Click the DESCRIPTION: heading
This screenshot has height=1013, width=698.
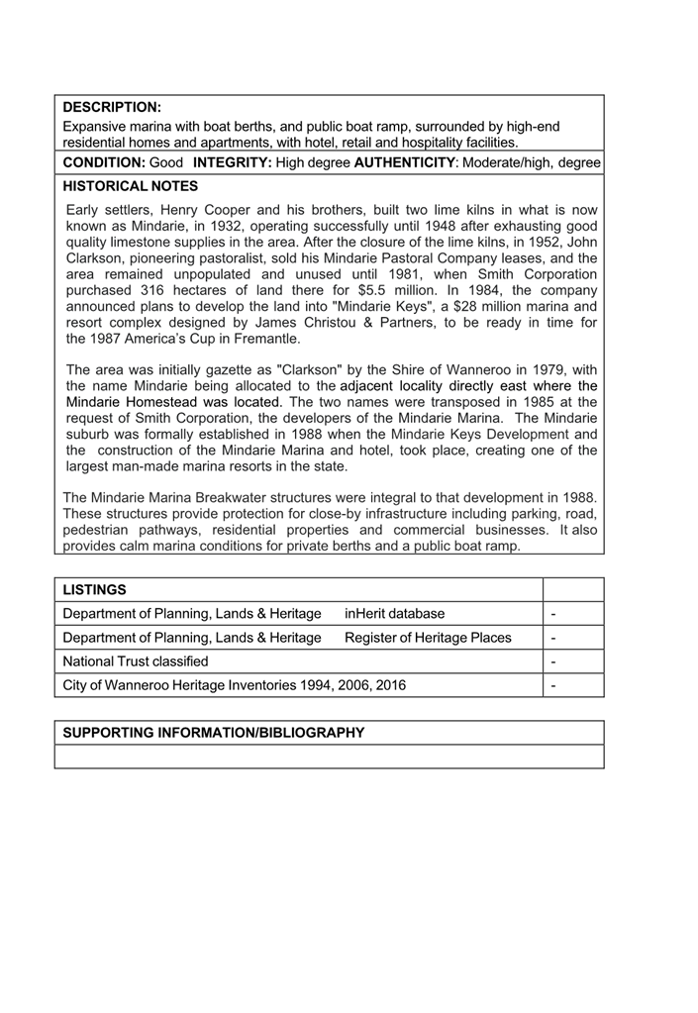pyautogui.click(x=112, y=106)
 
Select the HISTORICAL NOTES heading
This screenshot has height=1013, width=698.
pyautogui.click(x=131, y=185)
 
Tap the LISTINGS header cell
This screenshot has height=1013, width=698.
pyautogui.click(x=95, y=590)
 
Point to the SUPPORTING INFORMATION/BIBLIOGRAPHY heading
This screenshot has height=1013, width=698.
pyautogui.click(x=214, y=733)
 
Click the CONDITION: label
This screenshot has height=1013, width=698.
pyautogui.click(x=105, y=161)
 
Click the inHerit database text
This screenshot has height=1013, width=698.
pyautogui.click(x=395, y=614)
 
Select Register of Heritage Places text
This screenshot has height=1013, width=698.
pyautogui.click(x=428, y=638)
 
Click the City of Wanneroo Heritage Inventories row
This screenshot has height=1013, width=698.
pyautogui.click(x=234, y=685)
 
